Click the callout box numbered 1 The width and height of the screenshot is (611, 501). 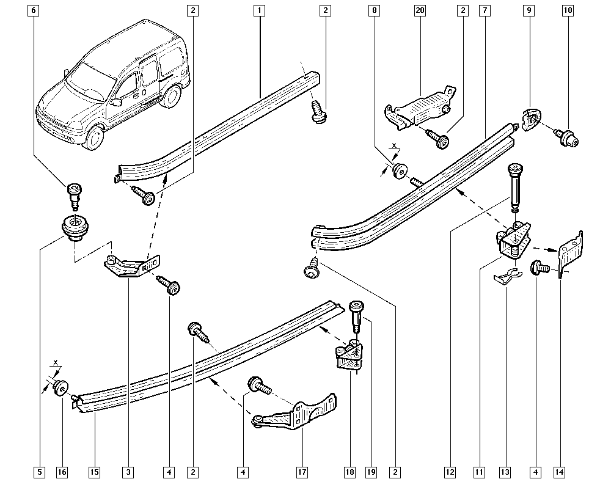click(259, 10)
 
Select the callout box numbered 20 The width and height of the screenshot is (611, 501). click(419, 10)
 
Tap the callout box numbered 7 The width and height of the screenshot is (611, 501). click(484, 10)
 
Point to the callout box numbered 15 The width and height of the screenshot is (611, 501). click(94, 472)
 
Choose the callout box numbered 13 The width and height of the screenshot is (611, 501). click(505, 472)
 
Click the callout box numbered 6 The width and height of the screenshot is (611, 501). click(33, 10)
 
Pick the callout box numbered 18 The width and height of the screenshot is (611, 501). click(349, 472)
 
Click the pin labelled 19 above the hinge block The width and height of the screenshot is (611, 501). click(356, 315)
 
